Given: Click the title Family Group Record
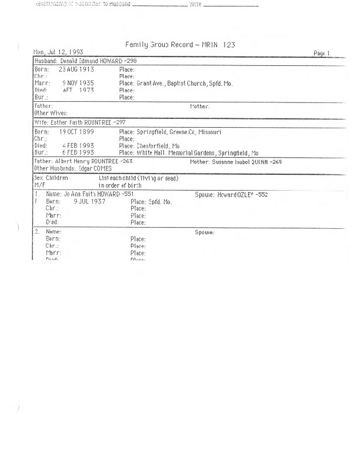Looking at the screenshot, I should click(181, 45).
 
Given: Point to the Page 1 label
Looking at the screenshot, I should click(322, 53).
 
